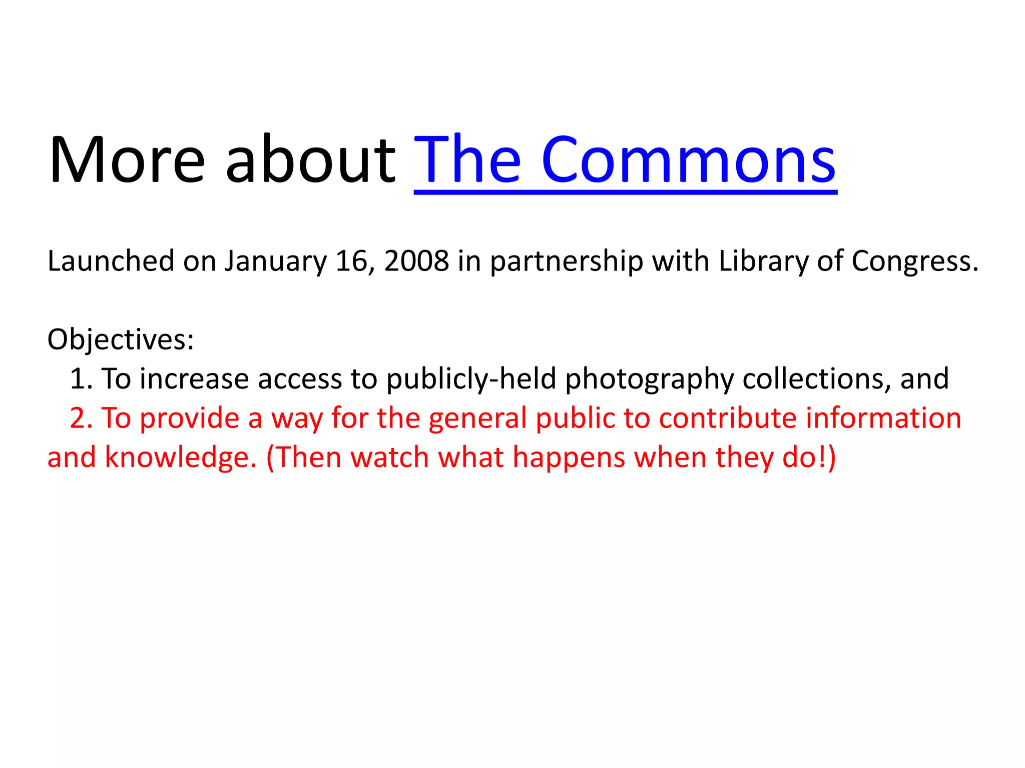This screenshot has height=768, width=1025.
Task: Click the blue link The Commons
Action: click(625, 160)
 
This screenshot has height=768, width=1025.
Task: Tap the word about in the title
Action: click(310, 160)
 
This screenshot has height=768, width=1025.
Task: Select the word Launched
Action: click(111, 261)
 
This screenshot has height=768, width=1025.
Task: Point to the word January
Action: click(275, 262)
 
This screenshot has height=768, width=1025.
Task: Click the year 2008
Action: click(416, 261)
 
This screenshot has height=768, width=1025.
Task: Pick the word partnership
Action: click(566, 262)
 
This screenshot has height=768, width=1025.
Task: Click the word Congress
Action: click(911, 262)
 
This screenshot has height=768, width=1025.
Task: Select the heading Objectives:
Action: click(121, 340)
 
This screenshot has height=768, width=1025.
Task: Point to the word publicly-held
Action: click(471, 379)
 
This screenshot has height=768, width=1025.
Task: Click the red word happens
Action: click(569, 458)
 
